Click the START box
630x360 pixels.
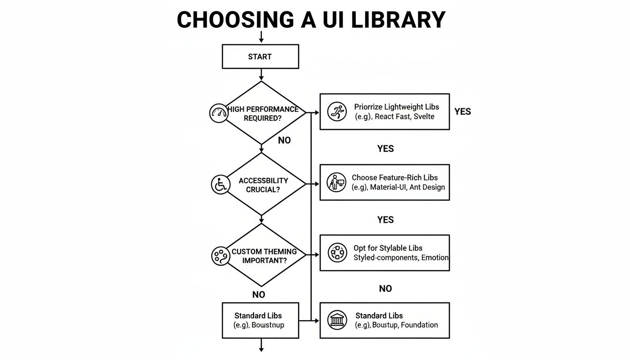pyautogui.click(x=260, y=57)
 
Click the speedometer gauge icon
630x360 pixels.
pyautogui.click(x=218, y=113)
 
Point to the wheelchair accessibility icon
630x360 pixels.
pyautogui.click(x=220, y=184)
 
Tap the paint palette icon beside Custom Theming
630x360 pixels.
pyautogui.click(x=220, y=255)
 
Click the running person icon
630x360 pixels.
pyautogui.click(x=337, y=112)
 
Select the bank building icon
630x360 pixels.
pyautogui.click(x=337, y=320)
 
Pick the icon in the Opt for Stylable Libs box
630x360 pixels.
pyautogui.click(x=337, y=253)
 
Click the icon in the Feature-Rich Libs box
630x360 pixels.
pyautogui.click(x=336, y=182)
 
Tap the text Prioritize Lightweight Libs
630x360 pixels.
pyautogui.click(x=397, y=107)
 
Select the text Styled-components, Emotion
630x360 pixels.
pyautogui.click(x=401, y=257)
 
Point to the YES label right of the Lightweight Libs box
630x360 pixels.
pyautogui.click(x=462, y=112)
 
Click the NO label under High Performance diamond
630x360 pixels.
pyautogui.click(x=284, y=140)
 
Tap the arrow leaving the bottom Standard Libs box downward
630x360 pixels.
pyautogui.click(x=262, y=346)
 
